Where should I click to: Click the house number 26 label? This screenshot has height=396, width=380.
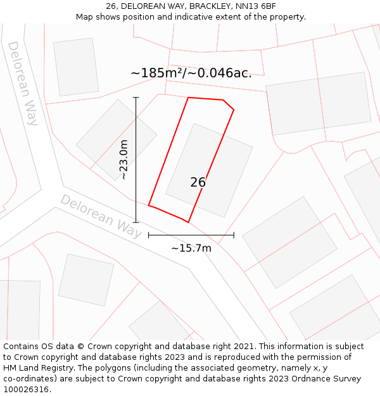point(198,182)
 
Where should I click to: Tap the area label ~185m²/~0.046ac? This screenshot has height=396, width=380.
point(191,73)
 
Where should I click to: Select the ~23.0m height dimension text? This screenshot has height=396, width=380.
point(124,160)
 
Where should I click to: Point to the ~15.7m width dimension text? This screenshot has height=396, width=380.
point(191,248)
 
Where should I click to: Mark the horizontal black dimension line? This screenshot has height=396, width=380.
point(191,235)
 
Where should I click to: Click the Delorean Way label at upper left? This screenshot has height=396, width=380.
point(23,83)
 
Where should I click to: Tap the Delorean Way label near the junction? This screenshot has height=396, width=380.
point(101,215)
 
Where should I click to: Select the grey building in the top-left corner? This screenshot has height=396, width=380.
point(76,67)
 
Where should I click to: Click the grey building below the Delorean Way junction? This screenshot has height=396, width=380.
point(85,279)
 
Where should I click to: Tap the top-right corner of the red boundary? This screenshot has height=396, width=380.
point(234,110)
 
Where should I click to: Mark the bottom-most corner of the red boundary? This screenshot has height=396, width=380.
point(188,222)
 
